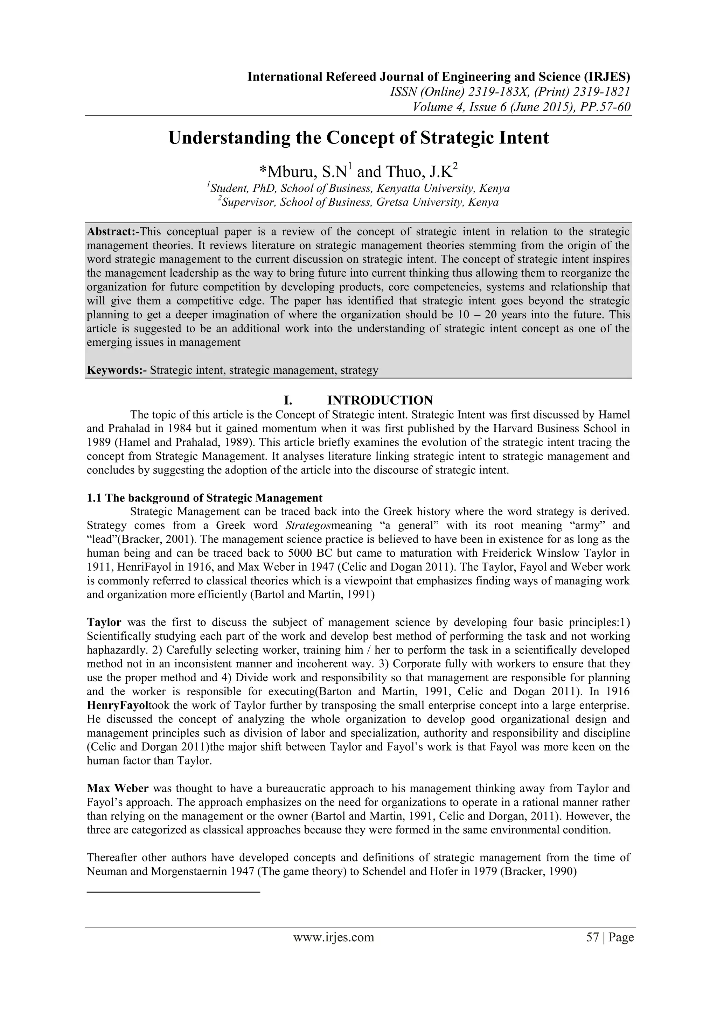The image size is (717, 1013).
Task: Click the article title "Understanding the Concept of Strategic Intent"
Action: [358, 138]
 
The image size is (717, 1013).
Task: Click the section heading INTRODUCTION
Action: [380, 400]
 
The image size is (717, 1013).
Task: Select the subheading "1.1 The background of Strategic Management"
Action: [204, 498]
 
